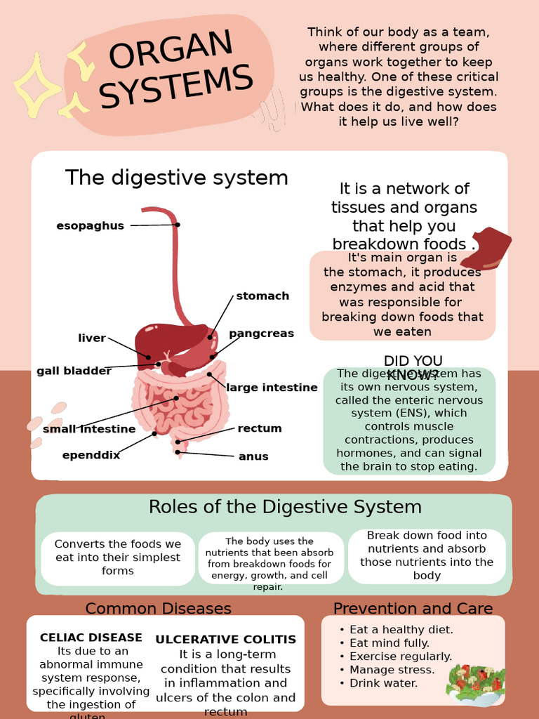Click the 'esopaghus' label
(90, 225)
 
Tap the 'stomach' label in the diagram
(262, 296)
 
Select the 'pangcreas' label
(261, 334)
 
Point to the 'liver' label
(92, 338)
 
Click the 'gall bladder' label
(74, 371)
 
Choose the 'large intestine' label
(272, 388)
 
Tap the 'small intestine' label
(89, 429)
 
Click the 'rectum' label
(260, 428)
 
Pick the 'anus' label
(253, 456)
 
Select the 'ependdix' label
(91, 455)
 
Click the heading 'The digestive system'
(177, 178)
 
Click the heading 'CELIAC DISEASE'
(91, 638)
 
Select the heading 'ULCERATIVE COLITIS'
(226, 640)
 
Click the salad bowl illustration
(475, 684)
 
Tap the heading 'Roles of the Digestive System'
(285, 507)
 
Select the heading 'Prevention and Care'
(413, 608)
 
